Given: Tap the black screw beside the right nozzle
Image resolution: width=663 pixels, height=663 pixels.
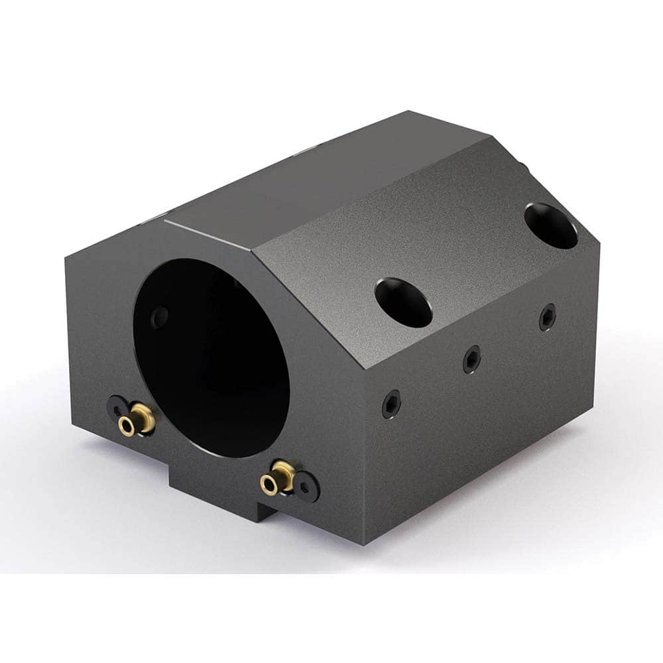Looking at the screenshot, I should (307, 489).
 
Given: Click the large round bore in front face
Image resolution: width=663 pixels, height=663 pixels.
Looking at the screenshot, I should (212, 358).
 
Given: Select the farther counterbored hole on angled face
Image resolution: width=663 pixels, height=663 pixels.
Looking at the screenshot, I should (550, 225).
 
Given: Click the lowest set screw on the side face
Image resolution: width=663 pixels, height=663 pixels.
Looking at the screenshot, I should (391, 404).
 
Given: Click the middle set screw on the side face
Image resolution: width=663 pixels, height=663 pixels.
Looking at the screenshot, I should (471, 359).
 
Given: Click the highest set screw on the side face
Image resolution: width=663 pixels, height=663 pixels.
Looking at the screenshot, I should (547, 317).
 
